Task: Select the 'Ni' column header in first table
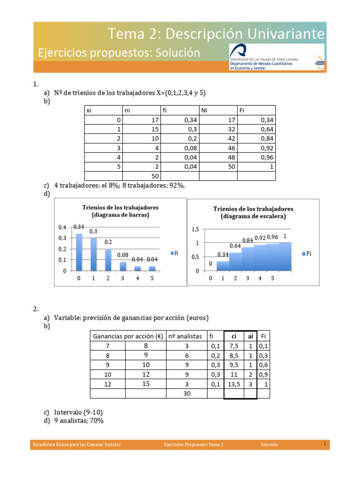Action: pos(204,110)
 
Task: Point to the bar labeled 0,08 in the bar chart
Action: pos(123,266)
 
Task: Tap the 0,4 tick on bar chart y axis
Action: pos(62,227)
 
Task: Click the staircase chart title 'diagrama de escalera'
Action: pos(253,217)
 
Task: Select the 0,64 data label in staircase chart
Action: pos(235,246)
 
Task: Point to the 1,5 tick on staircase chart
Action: pos(195,229)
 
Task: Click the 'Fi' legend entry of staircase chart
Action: pos(307,253)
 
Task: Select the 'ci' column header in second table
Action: pos(233,336)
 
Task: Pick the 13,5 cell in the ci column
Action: pos(233,384)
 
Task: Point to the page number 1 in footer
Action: pos(324,443)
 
